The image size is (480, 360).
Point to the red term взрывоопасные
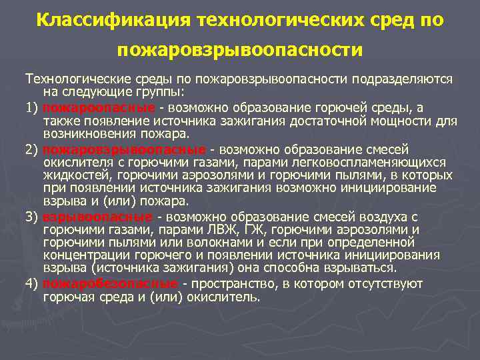[x=97, y=217]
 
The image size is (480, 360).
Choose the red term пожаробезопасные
[x=110, y=284]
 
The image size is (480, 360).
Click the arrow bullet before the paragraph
[x=19, y=79]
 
